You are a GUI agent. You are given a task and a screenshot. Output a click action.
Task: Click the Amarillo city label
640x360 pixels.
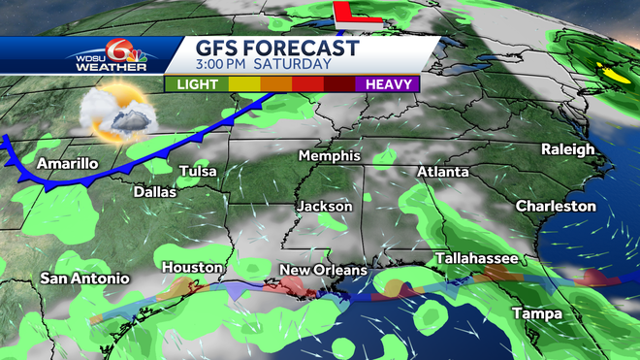pyautogui.click(x=67, y=164)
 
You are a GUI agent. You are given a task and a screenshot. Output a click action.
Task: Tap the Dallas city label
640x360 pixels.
pyautogui.click(x=155, y=192)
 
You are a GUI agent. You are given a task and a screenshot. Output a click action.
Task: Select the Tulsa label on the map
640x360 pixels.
pyautogui.click(x=198, y=172)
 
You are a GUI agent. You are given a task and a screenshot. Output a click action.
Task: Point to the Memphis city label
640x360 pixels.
pyautogui.click(x=329, y=156)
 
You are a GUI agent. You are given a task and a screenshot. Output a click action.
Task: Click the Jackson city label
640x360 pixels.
pyautogui.click(x=324, y=207)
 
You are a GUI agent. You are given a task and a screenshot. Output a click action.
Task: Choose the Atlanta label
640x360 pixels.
pyautogui.click(x=442, y=172)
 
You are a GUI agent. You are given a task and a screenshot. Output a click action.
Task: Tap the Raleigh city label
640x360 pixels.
pyautogui.click(x=567, y=149)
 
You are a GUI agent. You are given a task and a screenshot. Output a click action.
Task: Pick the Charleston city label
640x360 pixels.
pyautogui.click(x=556, y=206)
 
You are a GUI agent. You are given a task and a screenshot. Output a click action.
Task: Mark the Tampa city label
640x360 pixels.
pyautogui.click(x=535, y=312)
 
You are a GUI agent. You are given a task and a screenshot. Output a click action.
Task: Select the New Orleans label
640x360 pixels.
pyautogui.click(x=323, y=270)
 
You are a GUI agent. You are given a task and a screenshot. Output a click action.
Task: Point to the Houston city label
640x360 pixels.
pyautogui.click(x=192, y=267)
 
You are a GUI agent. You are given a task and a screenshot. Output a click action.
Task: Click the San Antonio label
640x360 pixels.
pyautogui.click(x=84, y=278)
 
